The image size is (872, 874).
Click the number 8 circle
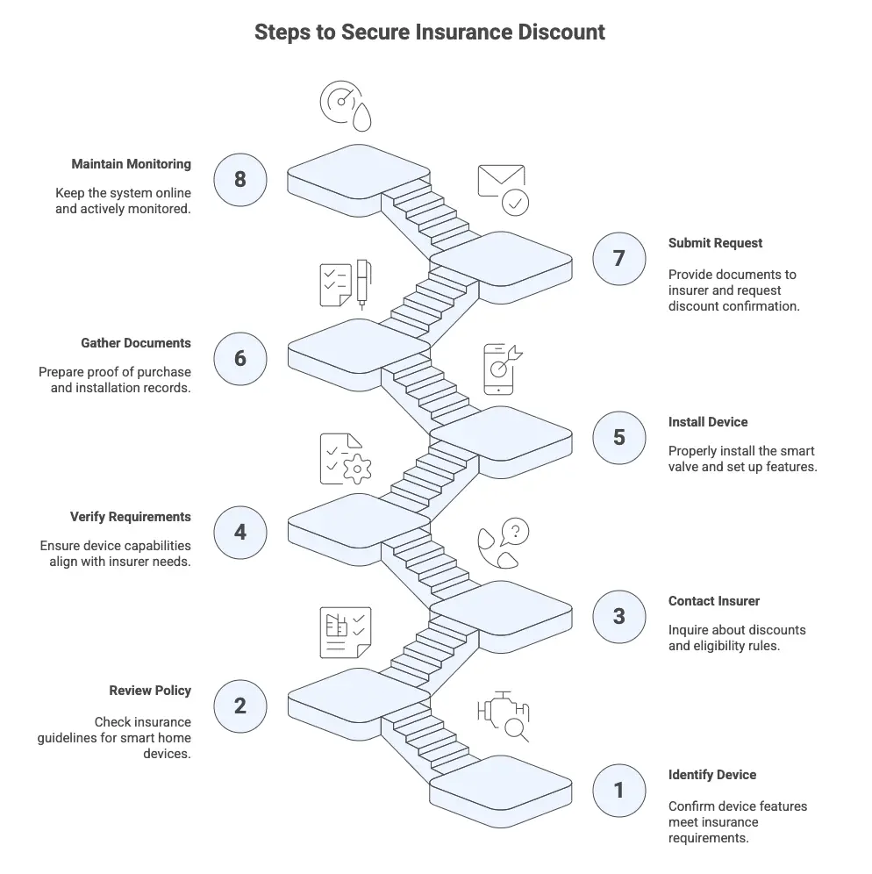[240, 179]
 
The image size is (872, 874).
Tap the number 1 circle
[618, 790]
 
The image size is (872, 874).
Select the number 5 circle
[618, 436]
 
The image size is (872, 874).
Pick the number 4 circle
[240, 532]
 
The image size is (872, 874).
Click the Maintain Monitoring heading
[131, 164]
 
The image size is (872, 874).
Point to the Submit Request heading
[715, 243]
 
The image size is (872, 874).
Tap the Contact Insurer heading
[713, 601]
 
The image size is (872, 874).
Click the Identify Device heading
[711, 775]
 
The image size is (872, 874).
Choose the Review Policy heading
[150, 691]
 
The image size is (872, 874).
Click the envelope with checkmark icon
[503, 189]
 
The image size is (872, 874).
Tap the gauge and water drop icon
[345, 105]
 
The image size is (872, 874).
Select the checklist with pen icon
[345, 283]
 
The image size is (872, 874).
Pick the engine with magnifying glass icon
[503, 714]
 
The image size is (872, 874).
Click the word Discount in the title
[559, 32]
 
